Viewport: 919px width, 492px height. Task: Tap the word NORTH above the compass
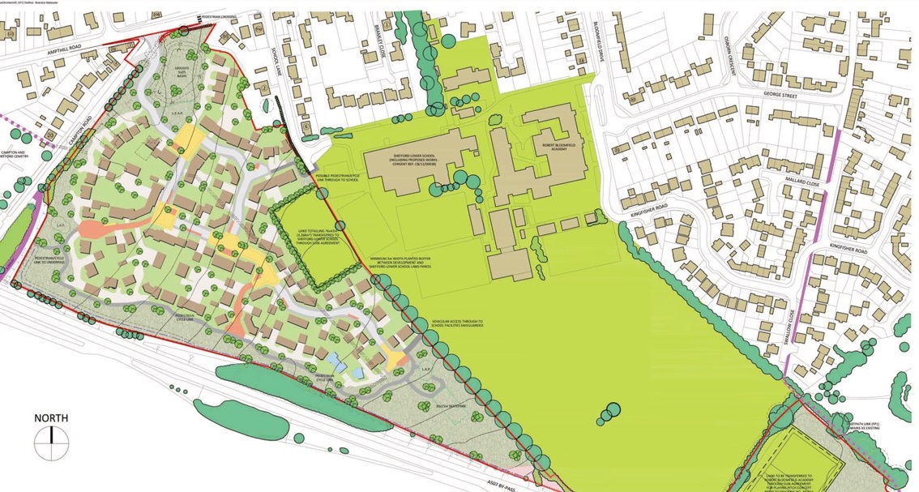tap(51, 418)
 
